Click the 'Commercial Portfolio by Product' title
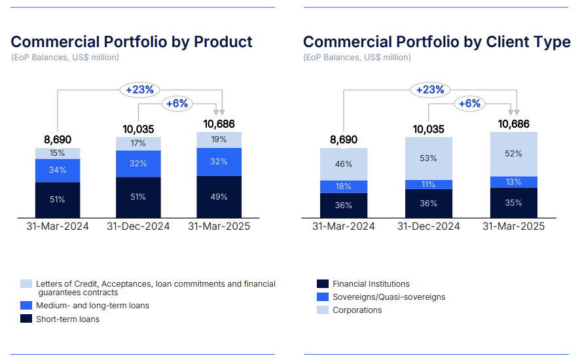coord(132,42)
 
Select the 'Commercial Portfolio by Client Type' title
coord(437,42)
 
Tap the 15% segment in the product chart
coord(57,153)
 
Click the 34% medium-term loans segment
coord(57,171)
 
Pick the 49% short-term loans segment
coord(219,196)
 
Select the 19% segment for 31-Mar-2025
coord(219,139)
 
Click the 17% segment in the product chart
coord(138,143)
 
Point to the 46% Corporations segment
coord(344,164)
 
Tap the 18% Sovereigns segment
coord(344,187)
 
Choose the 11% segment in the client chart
coord(428,185)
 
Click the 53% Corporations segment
coord(428,158)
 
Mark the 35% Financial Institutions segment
coord(513,203)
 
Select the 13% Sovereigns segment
coord(513,182)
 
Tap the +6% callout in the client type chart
coord(469,103)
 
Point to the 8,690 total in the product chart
coord(57,139)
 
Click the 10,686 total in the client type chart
coord(513,124)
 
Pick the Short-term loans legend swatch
coord(26,319)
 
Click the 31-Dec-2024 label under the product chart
coord(138,226)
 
